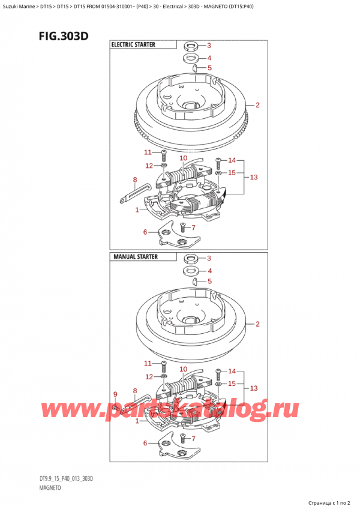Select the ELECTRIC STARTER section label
tap(133, 44)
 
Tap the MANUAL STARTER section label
tap(134, 256)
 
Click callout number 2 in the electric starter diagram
tap(257, 106)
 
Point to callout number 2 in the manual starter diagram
tap(257, 325)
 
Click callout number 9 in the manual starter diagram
tap(116, 394)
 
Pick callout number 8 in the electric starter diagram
tap(135, 179)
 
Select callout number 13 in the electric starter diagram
tap(253, 177)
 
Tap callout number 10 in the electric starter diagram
tap(183, 158)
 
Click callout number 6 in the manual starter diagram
tap(145, 443)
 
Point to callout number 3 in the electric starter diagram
tap(209, 46)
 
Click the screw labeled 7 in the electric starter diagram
tap(182, 228)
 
